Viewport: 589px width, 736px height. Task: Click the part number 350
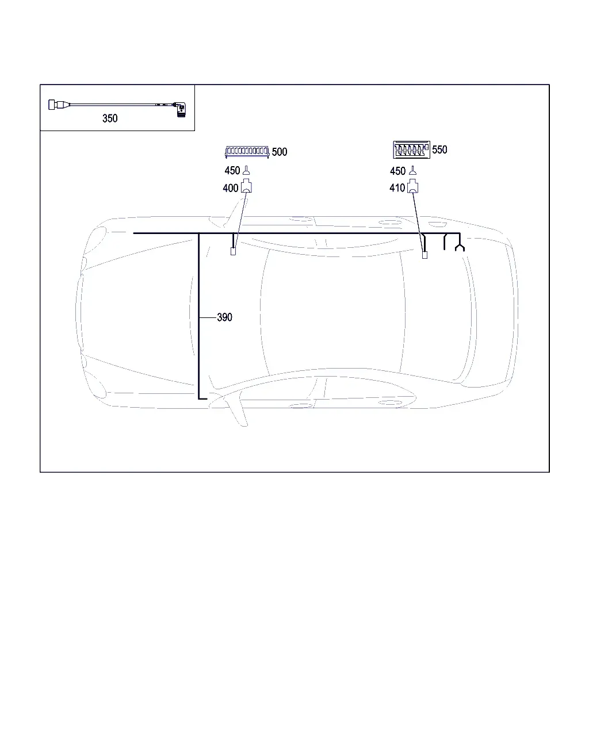110,118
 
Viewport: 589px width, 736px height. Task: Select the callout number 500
280,152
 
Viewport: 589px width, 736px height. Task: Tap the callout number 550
439,149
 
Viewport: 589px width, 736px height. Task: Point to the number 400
230,188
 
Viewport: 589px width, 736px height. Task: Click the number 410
397,188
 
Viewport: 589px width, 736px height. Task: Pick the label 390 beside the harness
224,317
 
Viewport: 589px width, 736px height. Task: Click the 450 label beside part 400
232,170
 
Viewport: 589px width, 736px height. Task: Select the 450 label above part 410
397,171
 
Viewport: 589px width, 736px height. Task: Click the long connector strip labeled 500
247,151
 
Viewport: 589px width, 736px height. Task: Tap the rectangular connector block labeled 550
411,149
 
